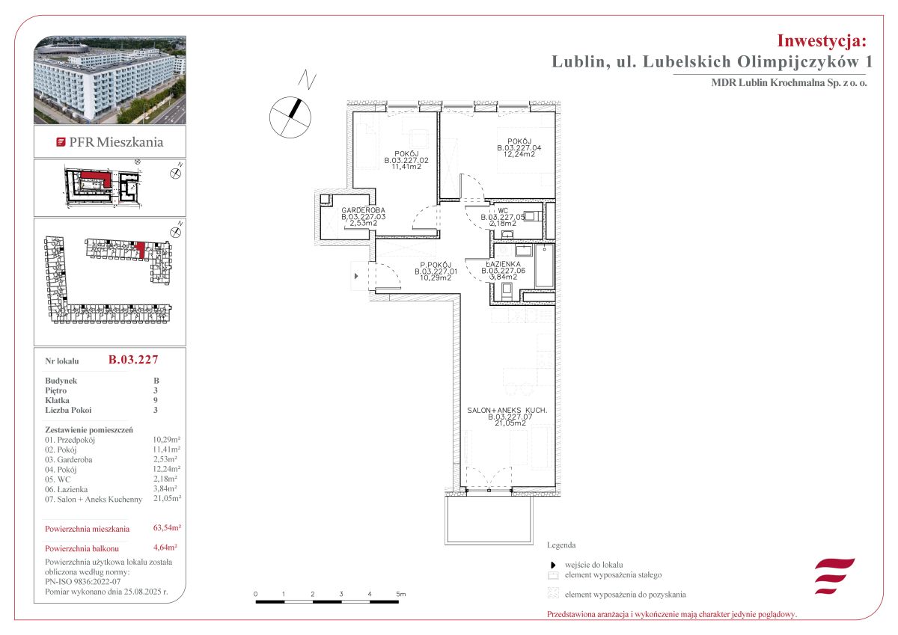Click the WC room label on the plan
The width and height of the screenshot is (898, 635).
click(503, 211)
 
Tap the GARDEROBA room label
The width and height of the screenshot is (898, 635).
click(363, 210)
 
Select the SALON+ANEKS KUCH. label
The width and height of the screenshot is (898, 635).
click(507, 411)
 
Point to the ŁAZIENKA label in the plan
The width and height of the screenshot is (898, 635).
click(503, 264)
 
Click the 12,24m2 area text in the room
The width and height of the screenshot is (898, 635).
click(519, 154)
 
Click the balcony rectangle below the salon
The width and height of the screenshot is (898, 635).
click(489, 520)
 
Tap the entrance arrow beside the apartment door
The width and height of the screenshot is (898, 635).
click(356, 276)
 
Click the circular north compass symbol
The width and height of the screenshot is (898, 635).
click(290, 117)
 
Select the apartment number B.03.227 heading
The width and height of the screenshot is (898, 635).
click(133, 359)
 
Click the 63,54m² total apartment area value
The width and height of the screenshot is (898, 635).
click(167, 527)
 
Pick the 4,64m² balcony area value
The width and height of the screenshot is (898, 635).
click(165, 547)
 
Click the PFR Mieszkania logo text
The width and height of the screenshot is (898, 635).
click(116, 142)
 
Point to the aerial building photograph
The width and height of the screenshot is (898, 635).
click(110, 80)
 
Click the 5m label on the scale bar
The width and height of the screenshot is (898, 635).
click(401, 594)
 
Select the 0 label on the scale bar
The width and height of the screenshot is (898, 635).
click(255, 594)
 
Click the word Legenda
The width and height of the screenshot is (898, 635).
click(561, 544)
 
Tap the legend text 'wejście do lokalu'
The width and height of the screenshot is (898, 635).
click(593, 565)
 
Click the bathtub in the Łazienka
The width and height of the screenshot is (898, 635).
click(544, 266)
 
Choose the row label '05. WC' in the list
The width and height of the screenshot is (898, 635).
click(58, 479)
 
